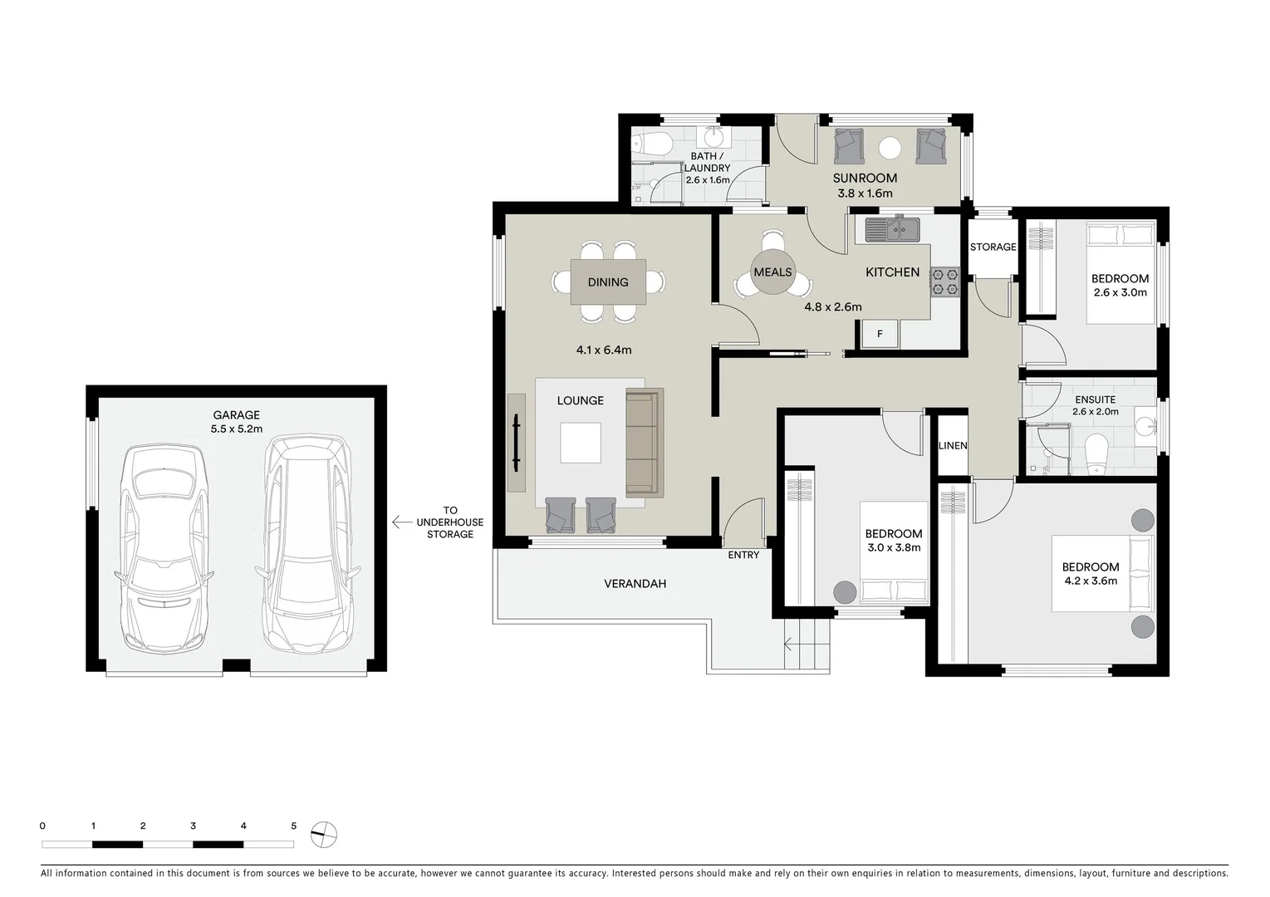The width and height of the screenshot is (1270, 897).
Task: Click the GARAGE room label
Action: [x=237, y=415]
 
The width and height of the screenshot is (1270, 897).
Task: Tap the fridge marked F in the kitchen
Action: [x=880, y=335]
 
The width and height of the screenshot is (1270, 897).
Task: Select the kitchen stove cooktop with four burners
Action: [x=944, y=281]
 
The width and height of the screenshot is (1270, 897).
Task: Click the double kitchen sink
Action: [x=888, y=228]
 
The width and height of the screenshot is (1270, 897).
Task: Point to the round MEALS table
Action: [x=772, y=272]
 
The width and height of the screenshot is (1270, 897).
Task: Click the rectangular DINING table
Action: [x=608, y=282]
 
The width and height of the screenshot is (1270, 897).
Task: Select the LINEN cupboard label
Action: [x=953, y=446]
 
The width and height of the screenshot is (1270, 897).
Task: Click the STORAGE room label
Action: [x=993, y=247]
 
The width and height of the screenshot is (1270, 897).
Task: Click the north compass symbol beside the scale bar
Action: [x=324, y=834]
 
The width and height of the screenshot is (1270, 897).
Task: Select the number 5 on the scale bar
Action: [x=293, y=826]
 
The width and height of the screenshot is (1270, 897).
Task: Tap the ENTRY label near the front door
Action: [x=743, y=555]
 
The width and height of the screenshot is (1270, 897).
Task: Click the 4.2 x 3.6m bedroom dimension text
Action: [x=1090, y=581]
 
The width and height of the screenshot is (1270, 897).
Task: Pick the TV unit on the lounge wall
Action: [x=518, y=442]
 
